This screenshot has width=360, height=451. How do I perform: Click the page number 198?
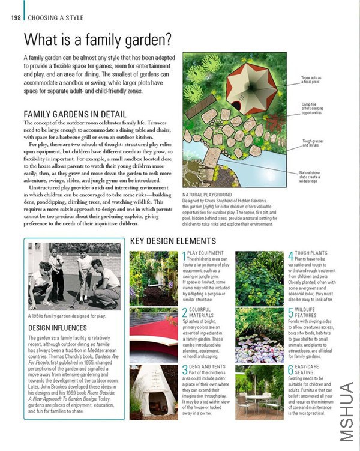[x=16, y=17]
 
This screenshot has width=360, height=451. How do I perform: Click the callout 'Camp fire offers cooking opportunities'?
[x=313, y=108]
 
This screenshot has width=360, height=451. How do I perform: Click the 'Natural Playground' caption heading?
[x=207, y=195]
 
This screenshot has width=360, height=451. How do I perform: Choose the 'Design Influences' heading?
[x=56, y=328]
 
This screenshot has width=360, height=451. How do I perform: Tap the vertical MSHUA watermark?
[x=347, y=412]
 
